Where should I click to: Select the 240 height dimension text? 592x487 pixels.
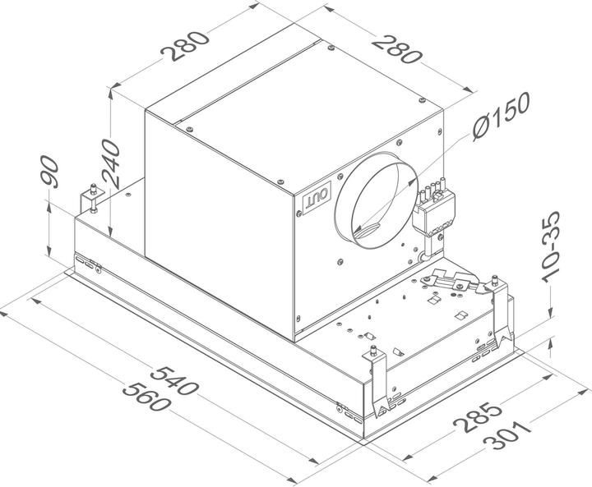(x=109, y=163)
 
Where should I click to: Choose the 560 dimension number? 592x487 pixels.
(x=157, y=401)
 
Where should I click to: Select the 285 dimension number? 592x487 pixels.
(x=475, y=415)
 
